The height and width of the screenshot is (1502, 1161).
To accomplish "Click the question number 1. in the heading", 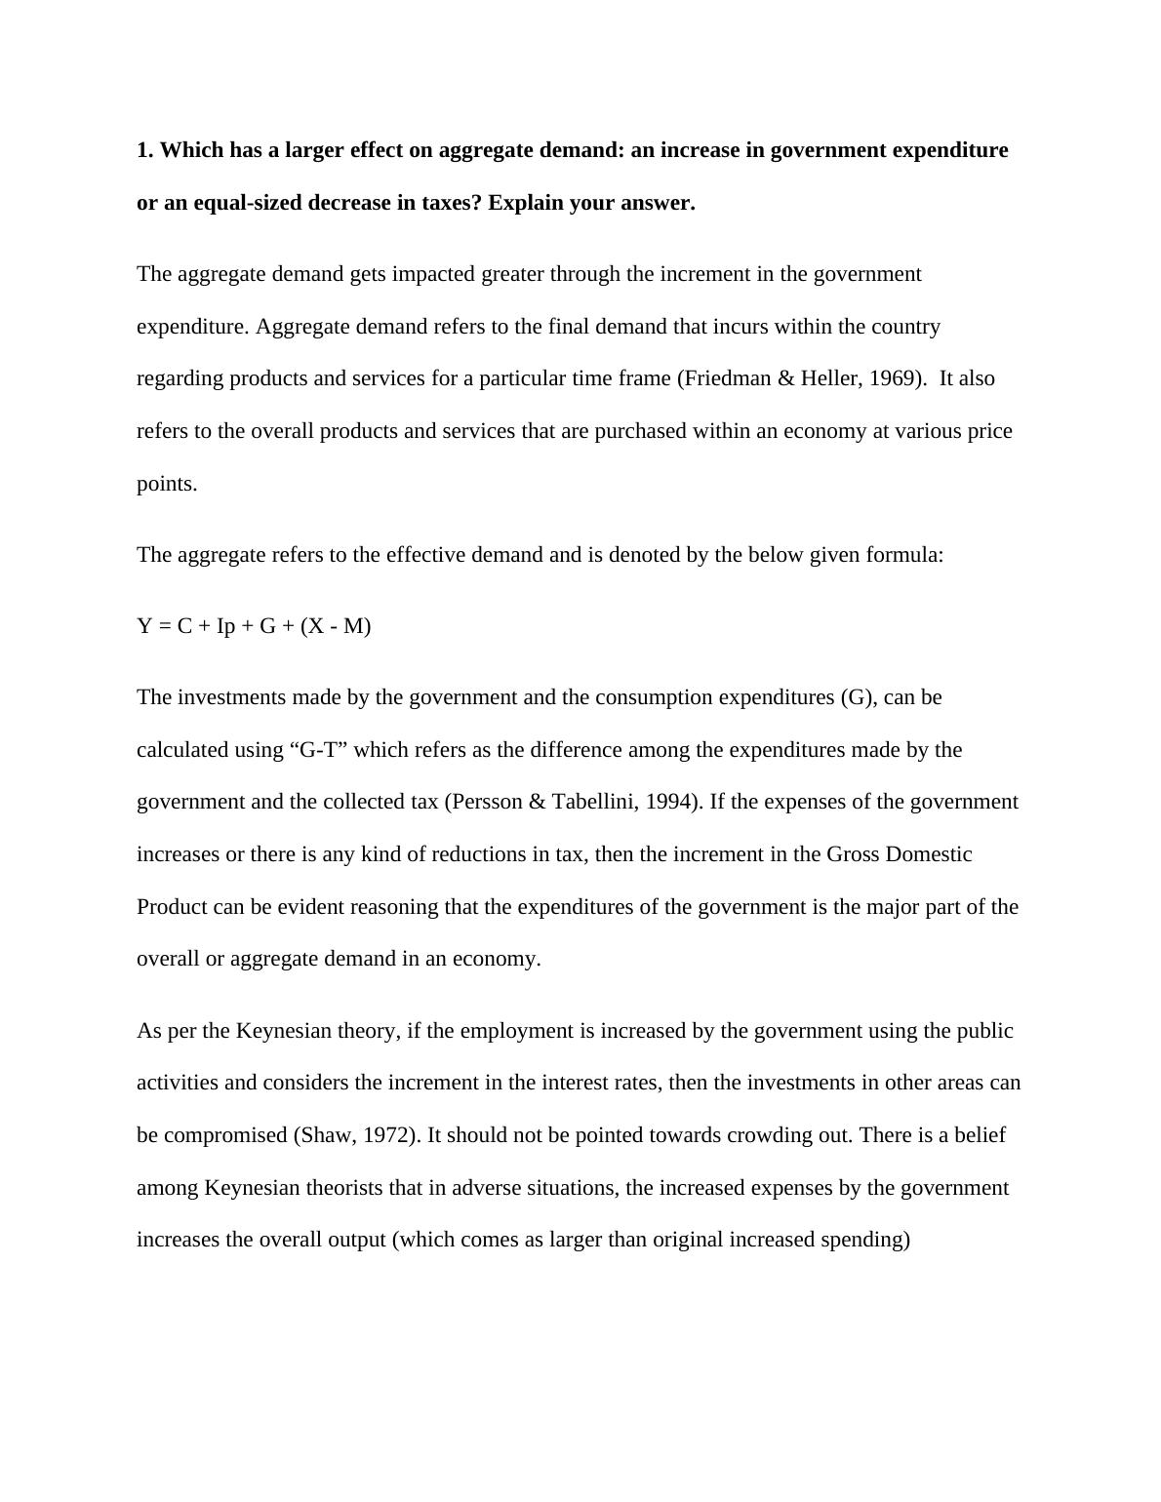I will [145, 150].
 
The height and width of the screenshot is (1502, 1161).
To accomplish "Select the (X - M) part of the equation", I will [336, 626].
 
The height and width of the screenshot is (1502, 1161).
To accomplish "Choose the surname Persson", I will [487, 802].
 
